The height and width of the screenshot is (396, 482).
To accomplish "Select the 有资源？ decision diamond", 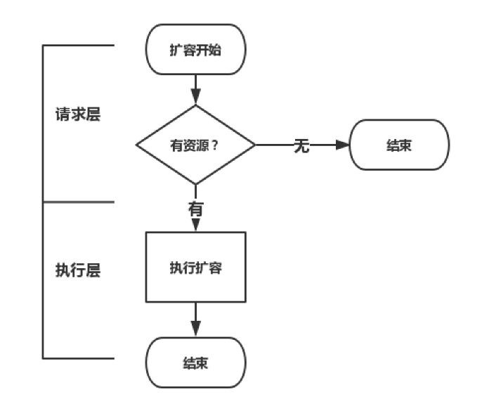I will coord(195,145).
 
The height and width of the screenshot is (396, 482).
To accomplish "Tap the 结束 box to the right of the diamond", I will coord(398,145).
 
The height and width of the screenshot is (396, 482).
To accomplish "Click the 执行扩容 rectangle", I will coord(195,268).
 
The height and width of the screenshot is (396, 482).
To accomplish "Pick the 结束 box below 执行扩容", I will coord(195,363).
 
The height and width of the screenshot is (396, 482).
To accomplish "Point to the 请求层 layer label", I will coord(78,115).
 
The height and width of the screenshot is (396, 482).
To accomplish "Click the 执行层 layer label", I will coord(78,271).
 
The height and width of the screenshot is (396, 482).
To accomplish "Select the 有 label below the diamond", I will coord(196,209).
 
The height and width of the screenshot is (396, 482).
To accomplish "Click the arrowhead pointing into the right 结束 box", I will coord(342,145).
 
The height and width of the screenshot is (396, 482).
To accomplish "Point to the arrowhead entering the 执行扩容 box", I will coord(195,225).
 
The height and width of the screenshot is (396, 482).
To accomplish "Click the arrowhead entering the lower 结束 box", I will coord(195,329).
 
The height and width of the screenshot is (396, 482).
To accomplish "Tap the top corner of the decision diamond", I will coord(195,106).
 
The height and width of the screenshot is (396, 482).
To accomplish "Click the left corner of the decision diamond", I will coord(136,145).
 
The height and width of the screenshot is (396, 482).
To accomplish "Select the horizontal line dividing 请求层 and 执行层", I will coord(78,202).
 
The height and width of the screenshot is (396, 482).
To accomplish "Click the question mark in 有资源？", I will coord(215,146).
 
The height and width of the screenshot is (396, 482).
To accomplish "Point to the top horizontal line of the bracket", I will coord(78,46).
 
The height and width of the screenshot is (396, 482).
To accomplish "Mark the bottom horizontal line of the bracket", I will coord(78,357).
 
